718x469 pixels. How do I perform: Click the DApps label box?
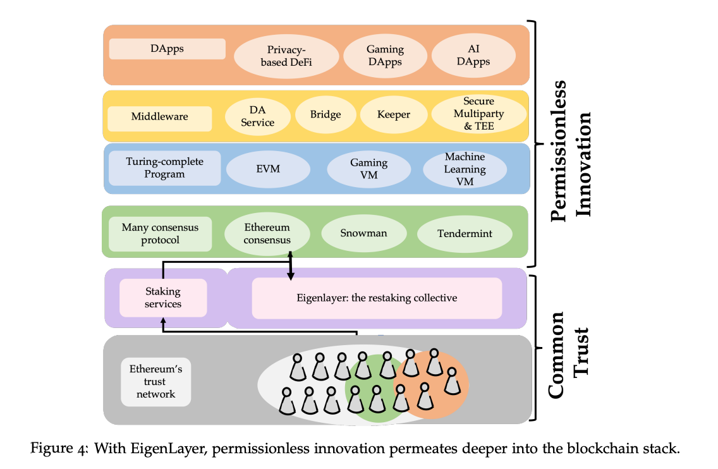coord(167,49)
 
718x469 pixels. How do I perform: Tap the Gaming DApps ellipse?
coord(385,56)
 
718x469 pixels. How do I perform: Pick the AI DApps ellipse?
coord(473,56)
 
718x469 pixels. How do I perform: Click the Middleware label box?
coord(159,117)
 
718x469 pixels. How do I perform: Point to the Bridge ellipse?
coord(326,114)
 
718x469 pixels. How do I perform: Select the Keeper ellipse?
coord(394,114)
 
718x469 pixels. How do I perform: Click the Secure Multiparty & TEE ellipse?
coord(478,114)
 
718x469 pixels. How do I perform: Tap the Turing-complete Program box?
coord(164,167)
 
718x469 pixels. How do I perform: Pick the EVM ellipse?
coord(268,169)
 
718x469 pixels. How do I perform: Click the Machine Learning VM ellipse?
coord(465,169)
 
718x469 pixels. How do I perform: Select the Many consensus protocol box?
coord(160,234)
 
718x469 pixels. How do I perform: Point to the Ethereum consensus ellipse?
coord(267,234)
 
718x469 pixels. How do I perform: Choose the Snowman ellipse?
coord(363,233)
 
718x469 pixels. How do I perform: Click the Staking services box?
coord(163,298)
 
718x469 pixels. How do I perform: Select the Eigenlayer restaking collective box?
coord(377,298)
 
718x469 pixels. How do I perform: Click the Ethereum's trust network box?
coord(155,382)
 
